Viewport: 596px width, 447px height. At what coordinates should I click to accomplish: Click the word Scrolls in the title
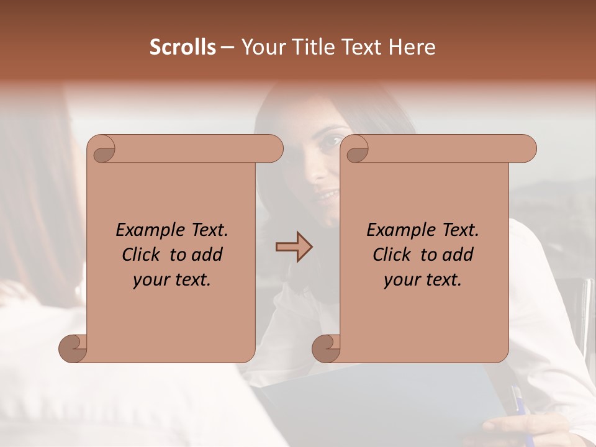(x=183, y=47)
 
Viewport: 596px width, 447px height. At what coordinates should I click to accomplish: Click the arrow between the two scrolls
(x=294, y=247)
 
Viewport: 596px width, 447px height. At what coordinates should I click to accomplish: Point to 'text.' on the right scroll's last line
(x=443, y=280)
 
